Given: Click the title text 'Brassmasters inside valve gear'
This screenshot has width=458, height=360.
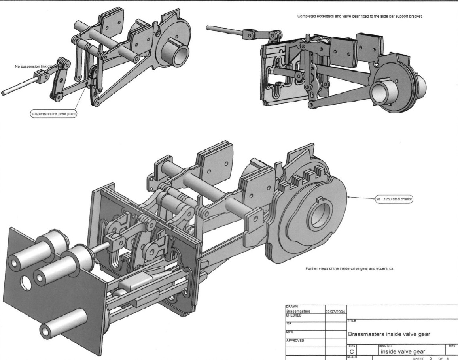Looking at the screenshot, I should point(389,334).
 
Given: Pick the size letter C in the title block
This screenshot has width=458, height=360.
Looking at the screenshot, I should point(352,351).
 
